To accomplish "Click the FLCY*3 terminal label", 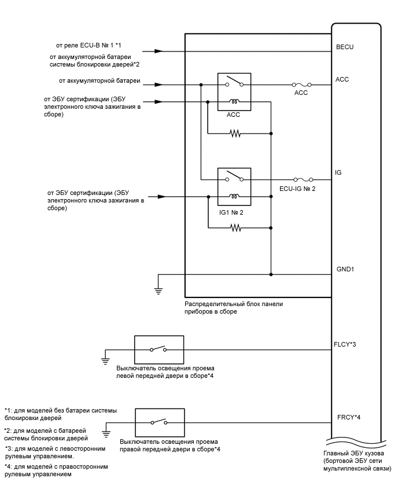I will [347, 344].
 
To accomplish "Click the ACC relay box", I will [234, 91].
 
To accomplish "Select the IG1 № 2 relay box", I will [234, 187].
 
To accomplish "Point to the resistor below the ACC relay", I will [235, 133].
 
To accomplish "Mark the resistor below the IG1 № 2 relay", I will [235, 228].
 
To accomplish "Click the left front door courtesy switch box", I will [159, 349].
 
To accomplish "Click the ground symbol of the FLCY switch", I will [106, 360].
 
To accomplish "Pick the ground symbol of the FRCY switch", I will [106, 432].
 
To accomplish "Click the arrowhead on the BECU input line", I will [160, 51].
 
